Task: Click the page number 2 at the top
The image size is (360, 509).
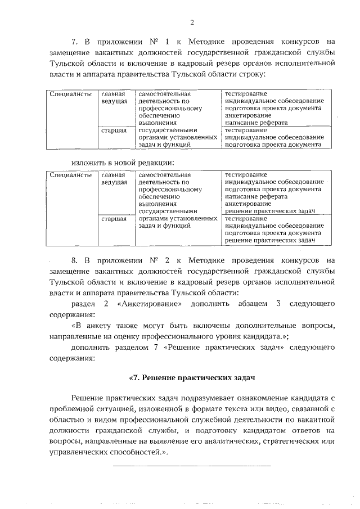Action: tap(192, 22)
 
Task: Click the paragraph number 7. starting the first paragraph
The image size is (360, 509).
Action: tap(75, 41)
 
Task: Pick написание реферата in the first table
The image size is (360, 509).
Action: tap(256, 122)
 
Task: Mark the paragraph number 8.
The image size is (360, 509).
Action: tap(75, 261)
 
